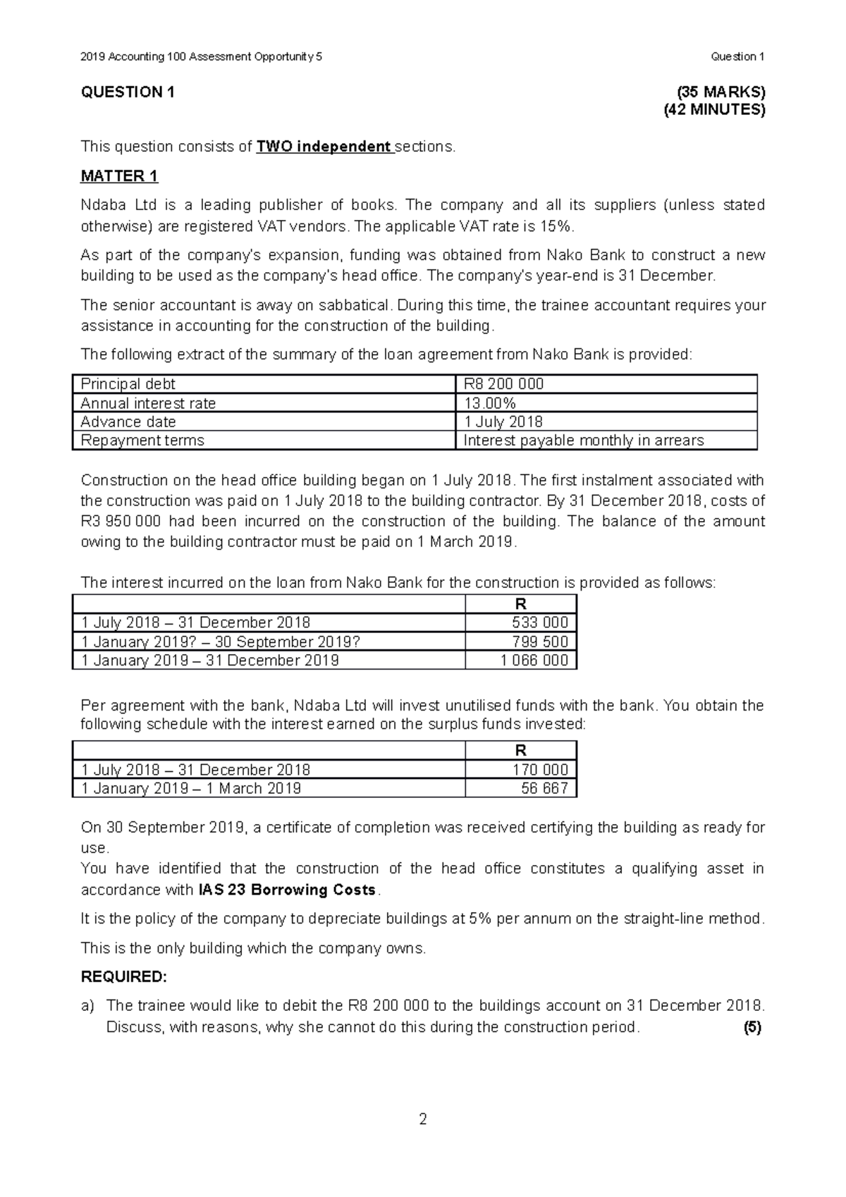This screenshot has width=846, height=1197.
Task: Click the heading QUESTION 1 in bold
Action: coord(128,92)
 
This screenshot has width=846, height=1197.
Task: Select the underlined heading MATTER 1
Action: coord(119,176)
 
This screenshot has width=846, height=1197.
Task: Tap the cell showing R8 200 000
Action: coord(503,384)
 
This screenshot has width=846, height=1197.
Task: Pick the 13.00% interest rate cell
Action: coord(490,403)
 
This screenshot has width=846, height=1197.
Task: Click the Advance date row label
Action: coord(128,422)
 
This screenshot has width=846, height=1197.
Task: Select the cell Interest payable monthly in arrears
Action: coord(583,441)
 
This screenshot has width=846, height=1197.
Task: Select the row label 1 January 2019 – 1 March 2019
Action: coord(191,788)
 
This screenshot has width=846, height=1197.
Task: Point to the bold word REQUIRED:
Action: coord(124,976)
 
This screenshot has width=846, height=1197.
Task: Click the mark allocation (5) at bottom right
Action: coord(752,1027)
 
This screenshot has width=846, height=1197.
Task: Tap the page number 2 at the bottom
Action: coord(423,1119)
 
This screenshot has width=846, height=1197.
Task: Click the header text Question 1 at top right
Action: coord(737,56)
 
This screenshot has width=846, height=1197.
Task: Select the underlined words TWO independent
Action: coord(324,147)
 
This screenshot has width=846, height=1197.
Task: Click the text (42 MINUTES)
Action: coord(714,110)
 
